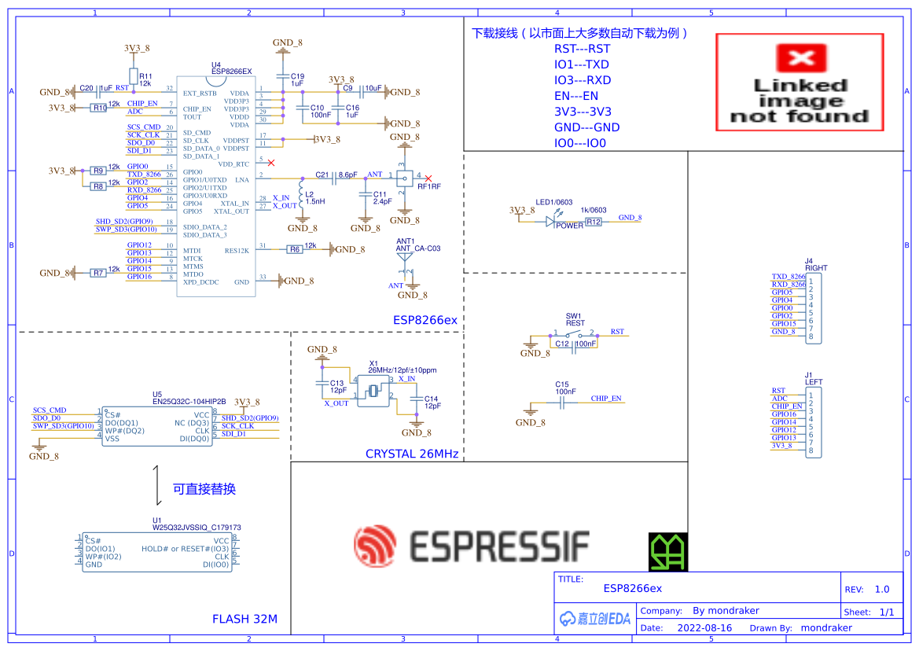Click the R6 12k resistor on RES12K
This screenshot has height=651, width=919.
tap(295, 249)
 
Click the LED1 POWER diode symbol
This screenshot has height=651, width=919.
tap(551, 222)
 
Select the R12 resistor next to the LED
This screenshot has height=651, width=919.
tap(593, 223)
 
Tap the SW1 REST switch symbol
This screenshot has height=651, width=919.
tap(574, 333)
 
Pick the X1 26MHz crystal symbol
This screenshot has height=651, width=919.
tap(373, 392)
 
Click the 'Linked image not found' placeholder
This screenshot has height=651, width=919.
tap(800, 82)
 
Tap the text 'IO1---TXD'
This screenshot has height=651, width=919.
tap(581, 64)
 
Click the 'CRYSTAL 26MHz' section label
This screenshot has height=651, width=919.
tap(411, 454)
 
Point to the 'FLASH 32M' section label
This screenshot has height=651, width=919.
tap(244, 619)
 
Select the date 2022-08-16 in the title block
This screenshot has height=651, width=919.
tap(704, 628)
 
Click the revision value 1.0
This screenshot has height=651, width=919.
tap(881, 589)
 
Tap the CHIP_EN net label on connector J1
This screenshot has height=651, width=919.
tap(787, 406)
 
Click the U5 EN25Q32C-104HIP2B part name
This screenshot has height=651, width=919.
tap(189, 401)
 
